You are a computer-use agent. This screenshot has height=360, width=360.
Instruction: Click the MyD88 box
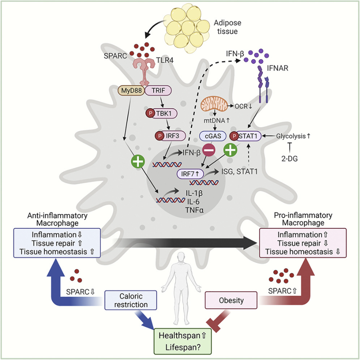pos(131,90)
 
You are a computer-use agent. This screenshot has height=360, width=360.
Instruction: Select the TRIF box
pos(158,90)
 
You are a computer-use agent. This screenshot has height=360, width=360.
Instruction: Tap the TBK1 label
pos(164,113)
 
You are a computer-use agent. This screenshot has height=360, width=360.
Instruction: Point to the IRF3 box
pos(170,136)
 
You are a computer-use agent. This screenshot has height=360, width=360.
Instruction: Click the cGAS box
pos(213,136)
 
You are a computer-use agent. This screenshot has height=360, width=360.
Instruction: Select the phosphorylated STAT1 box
pos(246,136)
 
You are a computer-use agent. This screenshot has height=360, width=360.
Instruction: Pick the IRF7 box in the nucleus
pos(190,174)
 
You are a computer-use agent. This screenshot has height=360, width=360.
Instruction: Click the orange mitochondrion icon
pos(214,103)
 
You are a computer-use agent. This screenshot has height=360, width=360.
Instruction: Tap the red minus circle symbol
pos(209,150)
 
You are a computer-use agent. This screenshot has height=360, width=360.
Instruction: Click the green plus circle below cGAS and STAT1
pos(230,150)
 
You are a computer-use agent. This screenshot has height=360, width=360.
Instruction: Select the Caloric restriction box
pos(131,300)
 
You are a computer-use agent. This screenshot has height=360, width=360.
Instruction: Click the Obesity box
pos(231,300)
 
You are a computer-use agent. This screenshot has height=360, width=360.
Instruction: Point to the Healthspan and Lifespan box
pos(182,341)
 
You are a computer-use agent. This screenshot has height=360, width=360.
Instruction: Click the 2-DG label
pos(290,158)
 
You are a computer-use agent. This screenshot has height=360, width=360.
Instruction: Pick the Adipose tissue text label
pos(227,27)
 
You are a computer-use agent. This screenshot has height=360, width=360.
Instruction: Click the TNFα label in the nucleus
pos(194,210)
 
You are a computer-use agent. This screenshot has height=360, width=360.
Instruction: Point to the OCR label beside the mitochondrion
pos(241,106)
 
